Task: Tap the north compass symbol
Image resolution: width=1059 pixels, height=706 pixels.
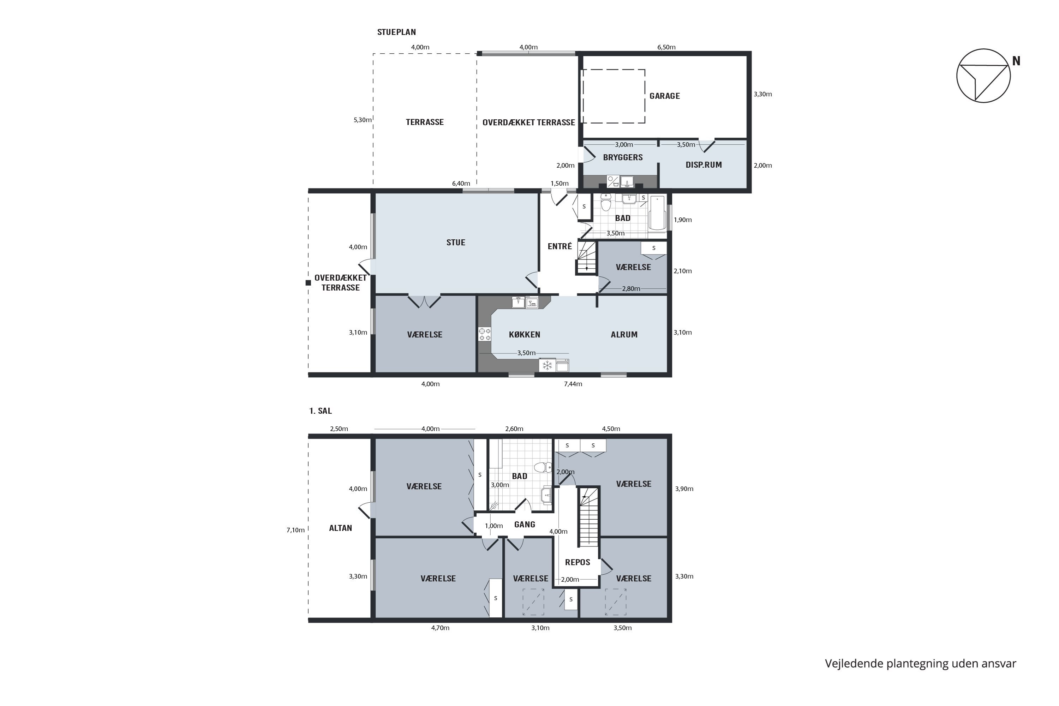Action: pyautogui.click(x=984, y=76)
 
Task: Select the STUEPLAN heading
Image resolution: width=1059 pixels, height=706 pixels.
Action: pyautogui.click(x=396, y=32)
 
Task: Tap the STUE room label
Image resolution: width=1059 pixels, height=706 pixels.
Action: pyautogui.click(x=456, y=242)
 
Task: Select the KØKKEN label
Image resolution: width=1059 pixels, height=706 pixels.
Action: pyautogui.click(x=524, y=335)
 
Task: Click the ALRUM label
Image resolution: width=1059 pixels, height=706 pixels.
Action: pyautogui.click(x=624, y=335)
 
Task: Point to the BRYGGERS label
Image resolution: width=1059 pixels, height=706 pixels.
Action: pyautogui.click(x=623, y=157)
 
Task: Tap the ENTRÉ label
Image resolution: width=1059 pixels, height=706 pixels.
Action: pyautogui.click(x=560, y=246)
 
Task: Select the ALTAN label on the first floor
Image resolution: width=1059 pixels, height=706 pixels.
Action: pyautogui.click(x=340, y=528)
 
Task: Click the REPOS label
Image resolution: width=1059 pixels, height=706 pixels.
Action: pyautogui.click(x=577, y=562)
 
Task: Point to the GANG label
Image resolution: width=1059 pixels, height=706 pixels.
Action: pyautogui.click(x=525, y=525)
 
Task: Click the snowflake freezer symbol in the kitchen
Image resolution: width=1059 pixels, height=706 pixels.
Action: pyautogui.click(x=547, y=365)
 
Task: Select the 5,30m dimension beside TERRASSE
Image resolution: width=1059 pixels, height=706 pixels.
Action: pyautogui.click(x=363, y=120)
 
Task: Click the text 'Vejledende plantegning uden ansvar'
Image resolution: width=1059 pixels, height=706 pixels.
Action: pyautogui.click(x=920, y=664)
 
